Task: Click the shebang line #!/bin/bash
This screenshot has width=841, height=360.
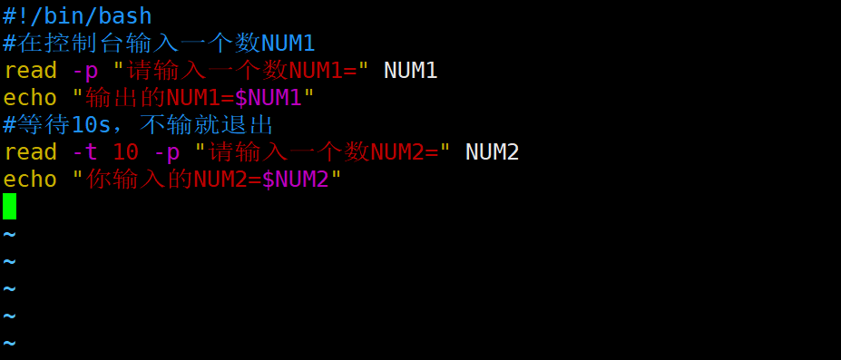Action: (x=77, y=15)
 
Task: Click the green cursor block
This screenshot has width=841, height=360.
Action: (x=10, y=206)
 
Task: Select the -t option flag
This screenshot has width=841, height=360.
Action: (x=84, y=151)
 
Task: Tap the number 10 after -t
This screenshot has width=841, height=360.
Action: (x=125, y=151)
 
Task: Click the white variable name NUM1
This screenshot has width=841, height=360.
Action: (x=411, y=70)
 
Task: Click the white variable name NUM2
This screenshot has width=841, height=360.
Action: (x=492, y=151)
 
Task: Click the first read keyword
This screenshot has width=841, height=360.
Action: (x=30, y=70)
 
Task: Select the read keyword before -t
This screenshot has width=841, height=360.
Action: (x=30, y=151)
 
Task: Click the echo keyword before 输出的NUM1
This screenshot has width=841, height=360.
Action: (x=30, y=97)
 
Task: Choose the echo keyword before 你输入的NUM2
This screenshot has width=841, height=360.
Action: (x=30, y=179)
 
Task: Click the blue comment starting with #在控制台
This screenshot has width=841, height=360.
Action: (x=159, y=43)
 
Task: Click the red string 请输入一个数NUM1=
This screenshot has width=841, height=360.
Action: (x=240, y=70)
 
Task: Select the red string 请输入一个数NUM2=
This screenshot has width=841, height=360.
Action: (x=322, y=151)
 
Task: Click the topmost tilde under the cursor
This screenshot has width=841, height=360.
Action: (x=10, y=234)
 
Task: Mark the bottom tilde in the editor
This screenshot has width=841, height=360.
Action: (x=10, y=343)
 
